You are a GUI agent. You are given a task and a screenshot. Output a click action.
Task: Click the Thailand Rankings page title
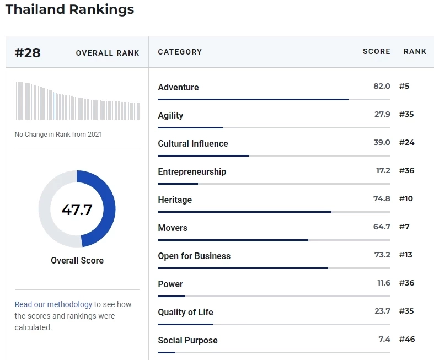[69, 9]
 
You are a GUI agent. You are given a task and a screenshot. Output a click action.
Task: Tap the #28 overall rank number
[28, 53]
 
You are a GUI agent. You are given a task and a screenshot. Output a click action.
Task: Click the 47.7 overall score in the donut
[77, 209]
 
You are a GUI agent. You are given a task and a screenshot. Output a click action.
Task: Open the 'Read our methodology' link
[53, 304]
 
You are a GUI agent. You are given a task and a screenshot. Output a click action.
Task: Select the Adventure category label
[178, 87]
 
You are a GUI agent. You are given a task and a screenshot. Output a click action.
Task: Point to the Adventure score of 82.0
[382, 86]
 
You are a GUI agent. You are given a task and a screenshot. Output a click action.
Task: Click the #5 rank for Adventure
[404, 86]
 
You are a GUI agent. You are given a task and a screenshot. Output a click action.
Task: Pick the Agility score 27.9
[382, 114]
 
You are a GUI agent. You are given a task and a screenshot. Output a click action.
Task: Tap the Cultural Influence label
[192, 143]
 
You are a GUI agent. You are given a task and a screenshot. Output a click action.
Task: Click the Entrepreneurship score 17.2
[383, 170]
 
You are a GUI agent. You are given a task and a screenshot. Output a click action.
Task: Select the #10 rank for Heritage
[406, 198]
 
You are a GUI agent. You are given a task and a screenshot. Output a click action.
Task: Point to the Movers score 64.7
[382, 227]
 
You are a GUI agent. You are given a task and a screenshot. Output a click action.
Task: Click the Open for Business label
[194, 256]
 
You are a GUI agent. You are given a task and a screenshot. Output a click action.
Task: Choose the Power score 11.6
[383, 283]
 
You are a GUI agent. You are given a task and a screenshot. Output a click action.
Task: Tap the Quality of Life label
[185, 312]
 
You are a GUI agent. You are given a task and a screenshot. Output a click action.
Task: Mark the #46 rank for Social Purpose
[406, 339]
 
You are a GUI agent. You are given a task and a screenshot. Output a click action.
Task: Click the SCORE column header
[376, 51]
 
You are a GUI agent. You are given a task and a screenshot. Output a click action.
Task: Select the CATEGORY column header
[180, 52]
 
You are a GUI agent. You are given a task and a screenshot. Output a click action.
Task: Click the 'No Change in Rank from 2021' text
[58, 135]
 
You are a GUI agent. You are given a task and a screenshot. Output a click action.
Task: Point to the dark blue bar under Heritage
[244, 212]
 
